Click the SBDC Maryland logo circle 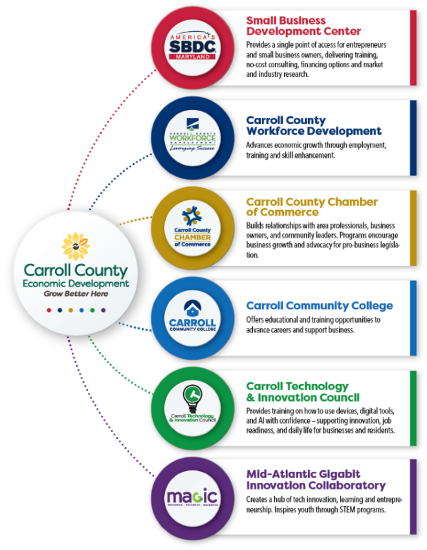tap(192, 47)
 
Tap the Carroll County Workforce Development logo tap(192, 137)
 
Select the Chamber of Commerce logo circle tap(192, 228)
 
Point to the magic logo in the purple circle tap(192, 497)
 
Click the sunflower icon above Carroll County tap(75, 247)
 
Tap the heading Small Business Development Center tap(303, 26)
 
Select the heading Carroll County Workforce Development tap(313, 126)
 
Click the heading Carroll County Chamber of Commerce tap(311, 206)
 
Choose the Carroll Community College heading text tap(319, 305)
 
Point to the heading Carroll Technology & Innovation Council tap(302, 391)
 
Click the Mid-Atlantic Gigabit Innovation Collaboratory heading tap(315, 479)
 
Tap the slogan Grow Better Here tap(76, 294)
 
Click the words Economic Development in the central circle tap(76, 283)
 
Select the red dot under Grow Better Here tap(49, 310)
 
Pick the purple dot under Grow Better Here tap(103, 310)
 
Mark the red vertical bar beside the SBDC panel tap(413, 48)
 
